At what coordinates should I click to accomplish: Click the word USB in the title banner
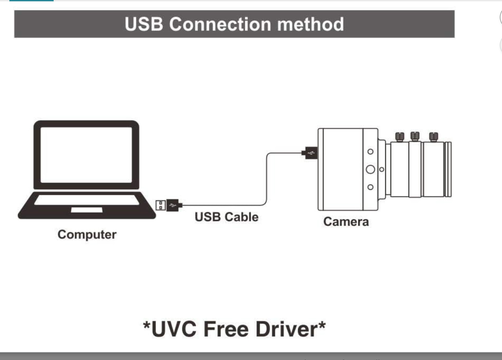144,24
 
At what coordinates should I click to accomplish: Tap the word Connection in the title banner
220,24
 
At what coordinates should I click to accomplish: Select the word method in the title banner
310,24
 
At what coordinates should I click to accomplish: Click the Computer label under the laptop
87,235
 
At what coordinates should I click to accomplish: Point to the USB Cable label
227,217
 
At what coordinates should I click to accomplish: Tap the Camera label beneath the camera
346,222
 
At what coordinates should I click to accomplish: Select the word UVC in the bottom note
174,329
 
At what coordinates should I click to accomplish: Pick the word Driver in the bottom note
287,329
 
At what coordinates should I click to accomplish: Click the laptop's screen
86,155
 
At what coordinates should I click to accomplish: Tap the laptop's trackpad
87,210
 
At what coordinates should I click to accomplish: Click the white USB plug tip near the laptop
161,205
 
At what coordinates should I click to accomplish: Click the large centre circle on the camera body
370,169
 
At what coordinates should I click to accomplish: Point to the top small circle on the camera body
371,152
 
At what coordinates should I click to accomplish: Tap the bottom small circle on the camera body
371,187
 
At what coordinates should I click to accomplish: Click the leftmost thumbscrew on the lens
400,137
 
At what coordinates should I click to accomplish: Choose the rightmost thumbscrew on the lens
433,137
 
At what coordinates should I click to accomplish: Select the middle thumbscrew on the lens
415,136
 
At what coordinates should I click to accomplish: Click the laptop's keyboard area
87,200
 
